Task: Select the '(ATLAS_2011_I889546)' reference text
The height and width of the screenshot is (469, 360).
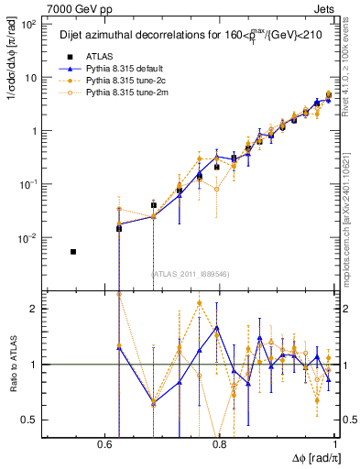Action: click(190, 273)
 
